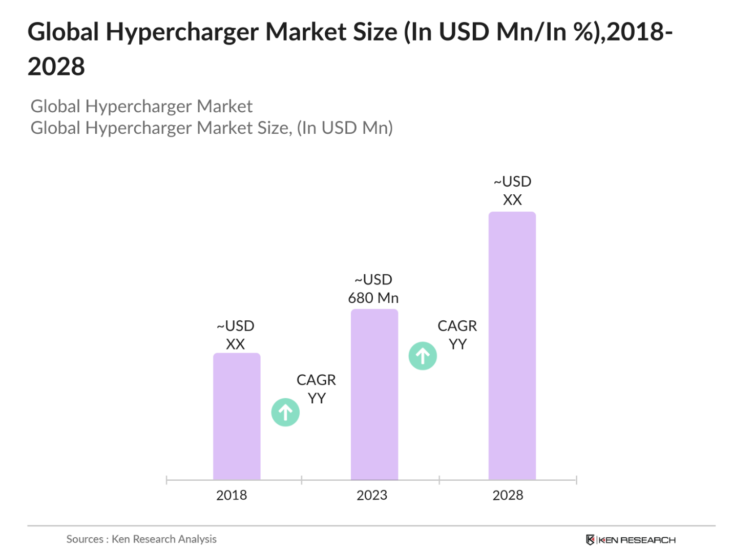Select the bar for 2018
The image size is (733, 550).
pos(237,416)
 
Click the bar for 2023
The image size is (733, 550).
pos(374,394)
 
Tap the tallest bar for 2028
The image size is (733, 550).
pos(512,345)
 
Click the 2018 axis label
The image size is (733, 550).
pos(232,495)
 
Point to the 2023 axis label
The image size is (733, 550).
pos(372,495)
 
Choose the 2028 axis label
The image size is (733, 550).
pos(508,495)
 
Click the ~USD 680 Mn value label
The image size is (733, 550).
pos(373,289)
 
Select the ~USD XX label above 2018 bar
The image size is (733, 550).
pos(236,335)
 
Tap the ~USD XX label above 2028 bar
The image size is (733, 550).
pos(512,191)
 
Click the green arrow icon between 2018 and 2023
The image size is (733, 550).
pos(285,412)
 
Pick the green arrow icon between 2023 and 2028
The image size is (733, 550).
pos(423,356)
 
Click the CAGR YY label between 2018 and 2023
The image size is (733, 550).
pos(317,389)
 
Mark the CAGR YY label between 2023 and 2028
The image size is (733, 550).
pos(457,335)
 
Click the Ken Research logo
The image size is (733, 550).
pos(631,540)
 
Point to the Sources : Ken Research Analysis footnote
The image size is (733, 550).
pos(141,539)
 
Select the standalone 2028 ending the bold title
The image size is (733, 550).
pos(56,67)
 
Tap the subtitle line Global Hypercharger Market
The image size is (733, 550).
pos(141,106)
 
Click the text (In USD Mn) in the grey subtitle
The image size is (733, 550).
pos(345,128)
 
